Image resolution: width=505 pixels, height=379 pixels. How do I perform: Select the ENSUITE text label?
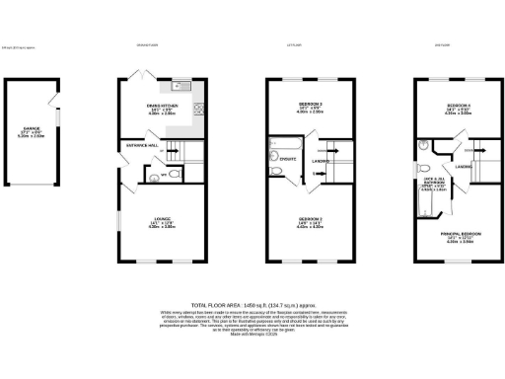pos(289,158)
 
